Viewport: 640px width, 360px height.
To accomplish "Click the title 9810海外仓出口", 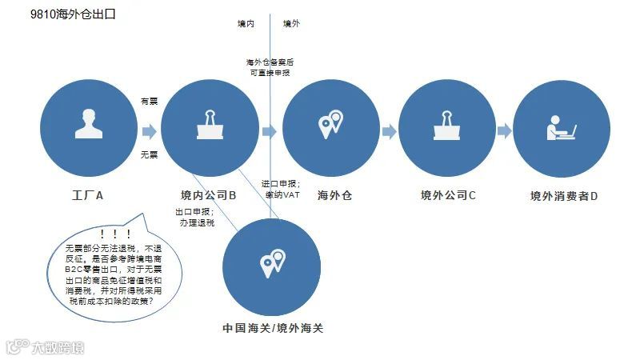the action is (66, 14).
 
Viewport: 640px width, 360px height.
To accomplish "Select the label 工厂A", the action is (88, 195).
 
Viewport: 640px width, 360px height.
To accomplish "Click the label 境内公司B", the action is (208, 195).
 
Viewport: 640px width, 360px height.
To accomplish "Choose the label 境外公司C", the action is (448, 195).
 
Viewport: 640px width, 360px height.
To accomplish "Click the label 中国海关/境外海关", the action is (272, 328).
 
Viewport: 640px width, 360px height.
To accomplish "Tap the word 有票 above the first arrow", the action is (149, 102).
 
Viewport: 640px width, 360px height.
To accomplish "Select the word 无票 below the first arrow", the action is (149, 154).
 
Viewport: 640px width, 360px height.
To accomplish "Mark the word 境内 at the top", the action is (246, 25).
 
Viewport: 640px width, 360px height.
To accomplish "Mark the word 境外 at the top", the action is (292, 25).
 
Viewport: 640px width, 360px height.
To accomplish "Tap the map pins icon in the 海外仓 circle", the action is (330, 125).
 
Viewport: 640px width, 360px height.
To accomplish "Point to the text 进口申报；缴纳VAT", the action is (281, 188).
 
